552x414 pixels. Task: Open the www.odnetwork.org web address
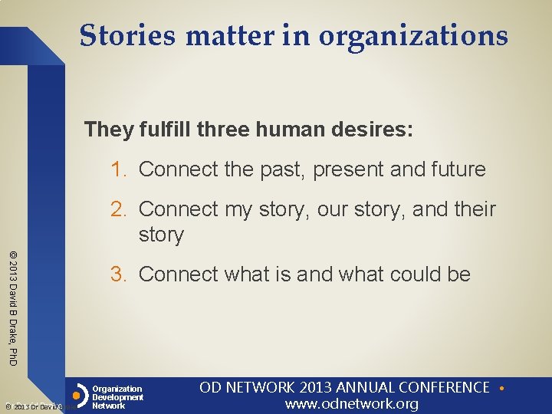(x=352, y=404)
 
